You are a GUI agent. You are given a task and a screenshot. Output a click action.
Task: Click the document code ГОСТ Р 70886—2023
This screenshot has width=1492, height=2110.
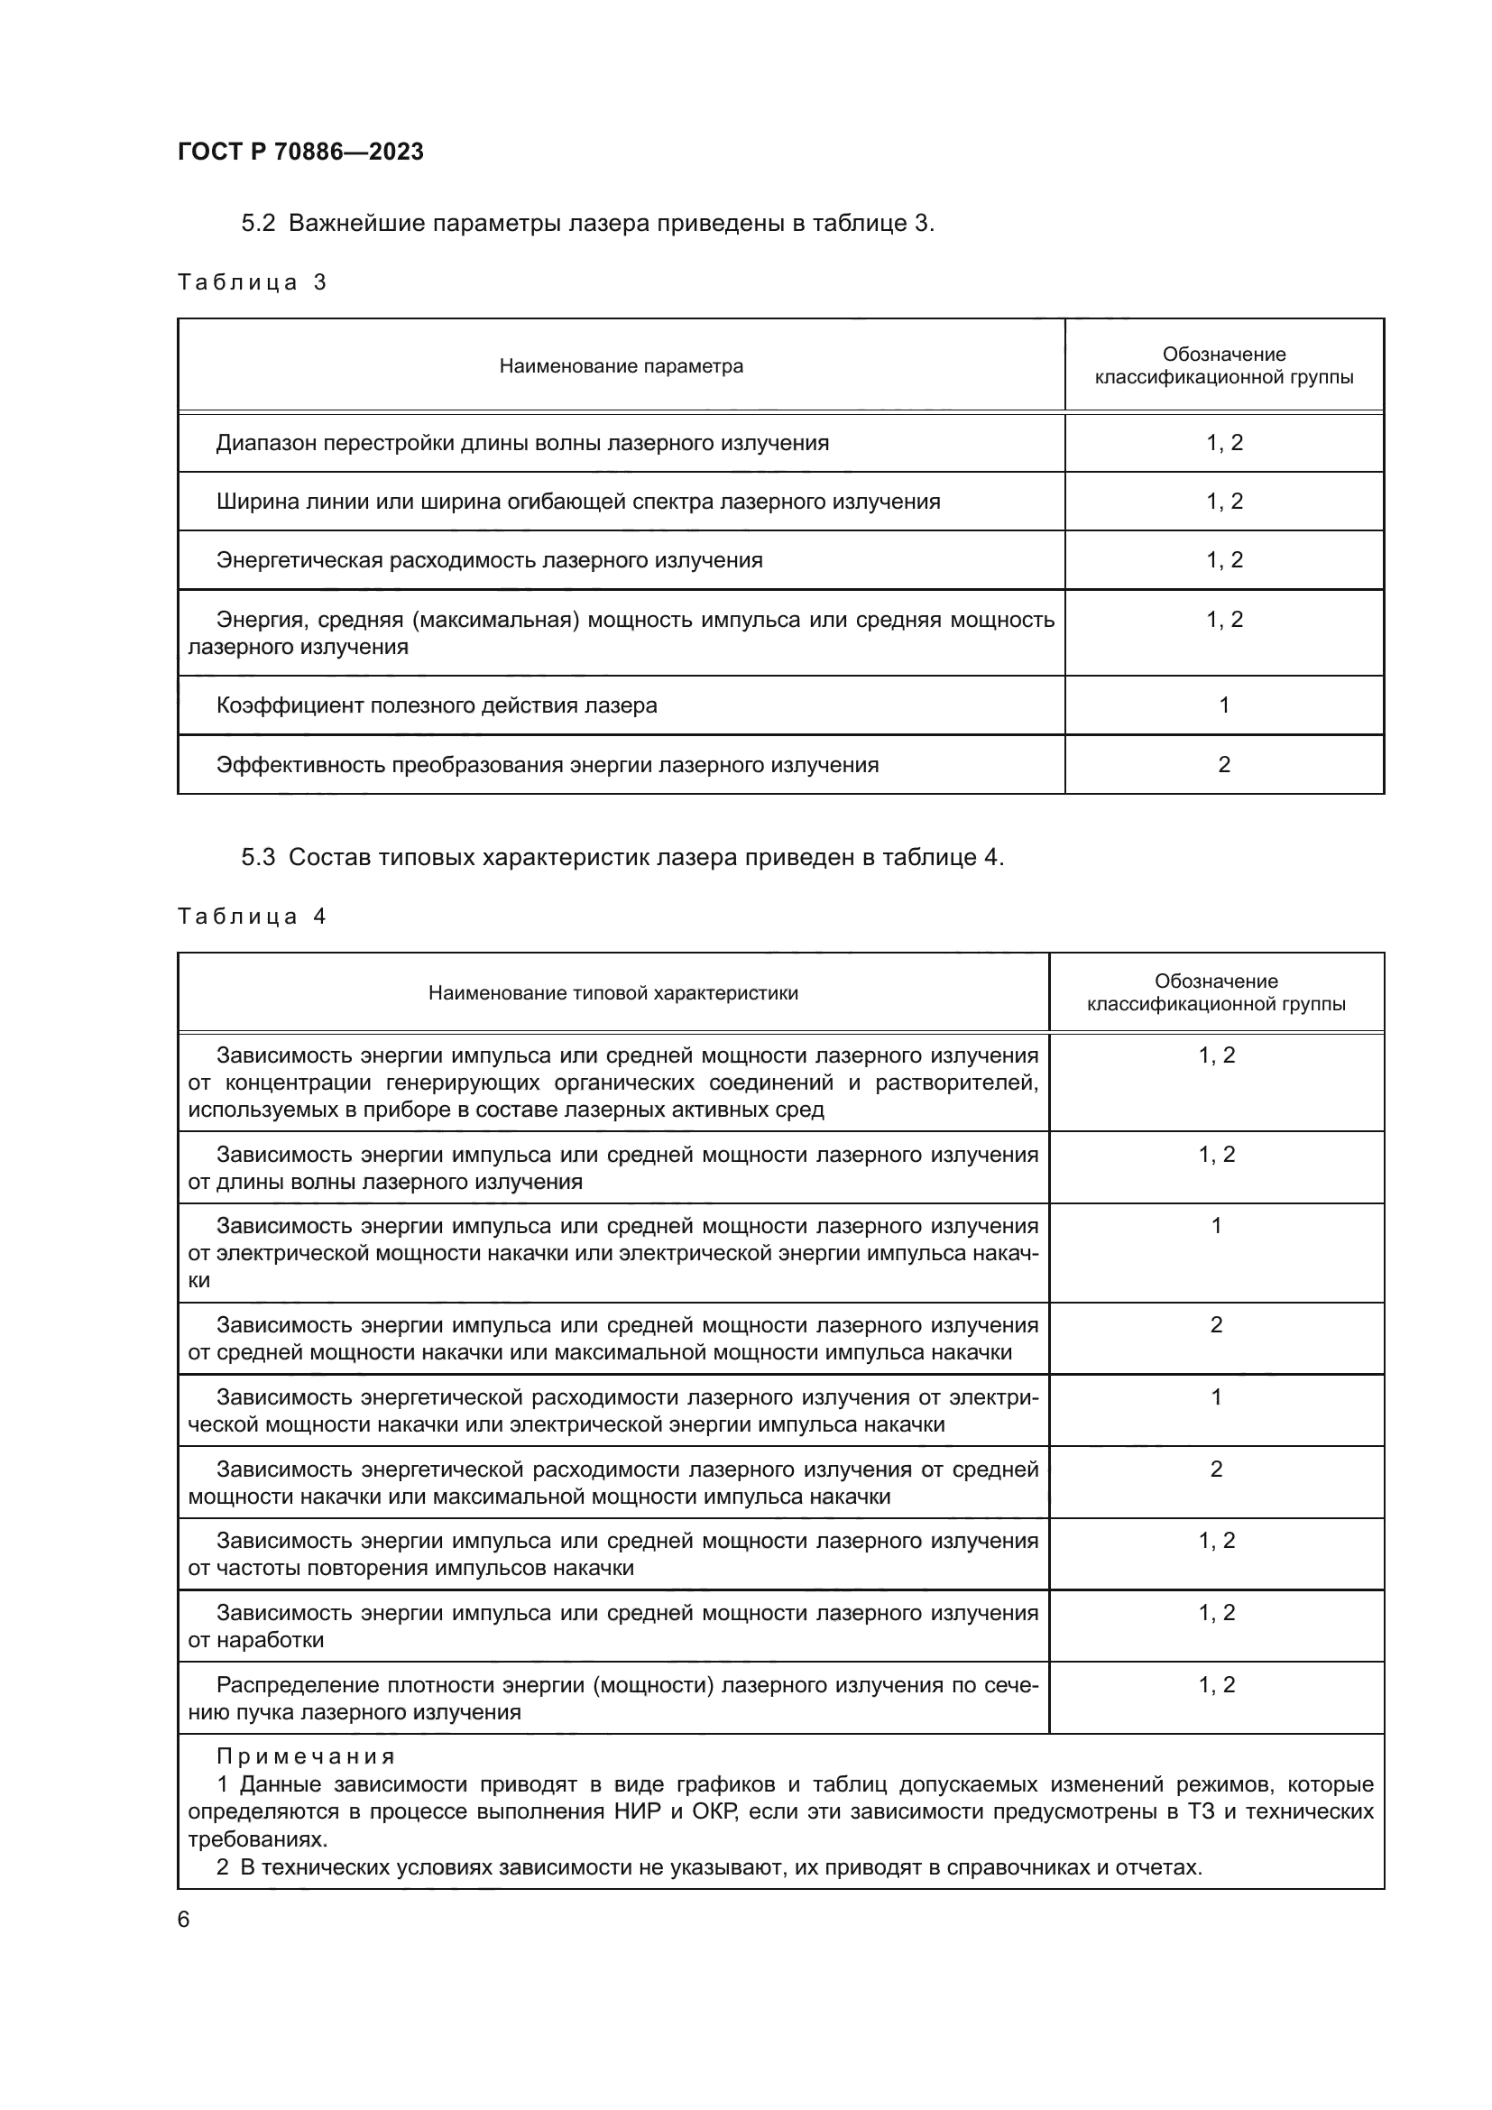click(300, 152)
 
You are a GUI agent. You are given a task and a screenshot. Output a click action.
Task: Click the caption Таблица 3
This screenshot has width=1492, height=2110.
click(252, 282)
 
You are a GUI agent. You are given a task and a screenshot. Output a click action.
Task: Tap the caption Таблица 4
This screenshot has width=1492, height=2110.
click(252, 917)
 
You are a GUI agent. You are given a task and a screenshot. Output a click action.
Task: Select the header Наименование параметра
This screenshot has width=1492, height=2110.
click(621, 365)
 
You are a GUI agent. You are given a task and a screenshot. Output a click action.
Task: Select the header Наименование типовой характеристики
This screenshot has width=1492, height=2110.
click(612, 992)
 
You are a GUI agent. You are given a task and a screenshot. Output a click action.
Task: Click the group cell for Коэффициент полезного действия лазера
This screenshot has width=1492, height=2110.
click(1224, 705)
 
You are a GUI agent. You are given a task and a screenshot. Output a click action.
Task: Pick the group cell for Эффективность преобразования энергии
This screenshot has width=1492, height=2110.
click(1224, 765)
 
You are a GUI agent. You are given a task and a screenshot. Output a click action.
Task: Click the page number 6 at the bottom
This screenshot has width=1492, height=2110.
click(184, 1919)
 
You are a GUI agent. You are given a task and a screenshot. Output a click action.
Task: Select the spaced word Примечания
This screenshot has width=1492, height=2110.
click(306, 1756)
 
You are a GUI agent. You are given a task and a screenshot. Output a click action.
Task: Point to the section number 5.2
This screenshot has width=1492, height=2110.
click(258, 224)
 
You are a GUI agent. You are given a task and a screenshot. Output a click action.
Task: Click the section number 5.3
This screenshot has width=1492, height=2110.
click(258, 857)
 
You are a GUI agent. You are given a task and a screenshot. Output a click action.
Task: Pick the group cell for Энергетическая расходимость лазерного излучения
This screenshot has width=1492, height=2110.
click(1224, 559)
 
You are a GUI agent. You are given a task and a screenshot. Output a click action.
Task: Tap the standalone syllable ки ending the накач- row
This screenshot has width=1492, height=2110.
click(198, 1280)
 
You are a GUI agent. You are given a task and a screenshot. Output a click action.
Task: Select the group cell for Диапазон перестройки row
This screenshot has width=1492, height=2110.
click(1224, 443)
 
